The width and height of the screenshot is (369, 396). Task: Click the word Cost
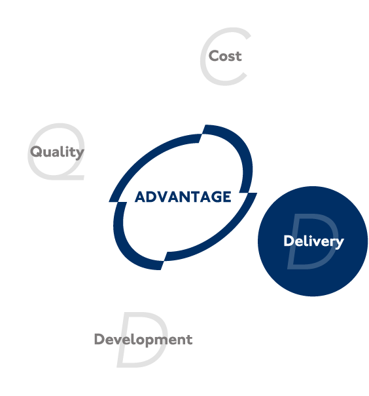tap(225, 56)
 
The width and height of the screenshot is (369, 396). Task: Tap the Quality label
tap(57, 152)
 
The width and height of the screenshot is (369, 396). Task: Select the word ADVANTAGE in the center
tap(183, 197)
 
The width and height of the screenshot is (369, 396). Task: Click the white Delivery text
tap(313, 241)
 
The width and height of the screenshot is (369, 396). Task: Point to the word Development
tap(143, 340)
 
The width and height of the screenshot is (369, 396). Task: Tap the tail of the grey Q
tap(73, 177)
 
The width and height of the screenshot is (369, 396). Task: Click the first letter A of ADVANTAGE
tap(141, 197)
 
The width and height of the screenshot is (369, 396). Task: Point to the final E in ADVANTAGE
tap(227, 197)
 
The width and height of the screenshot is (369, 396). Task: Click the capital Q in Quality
tap(36, 151)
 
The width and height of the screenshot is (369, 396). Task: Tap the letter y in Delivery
tap(340, 243)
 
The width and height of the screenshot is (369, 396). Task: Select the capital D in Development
tap(99, 339)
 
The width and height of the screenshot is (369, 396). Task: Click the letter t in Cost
tap(238, 56)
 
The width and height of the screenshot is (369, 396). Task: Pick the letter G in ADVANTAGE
tap(217, 197)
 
